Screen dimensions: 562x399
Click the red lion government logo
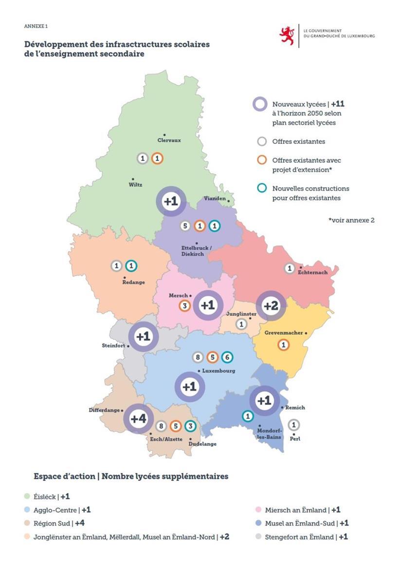(287, 35)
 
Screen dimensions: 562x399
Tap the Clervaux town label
(169, 140)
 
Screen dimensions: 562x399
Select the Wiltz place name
(135, 184)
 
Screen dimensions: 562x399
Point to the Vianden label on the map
(215, 199)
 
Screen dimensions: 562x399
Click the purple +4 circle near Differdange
(138, 419)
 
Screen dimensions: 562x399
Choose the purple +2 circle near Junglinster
(271, 306)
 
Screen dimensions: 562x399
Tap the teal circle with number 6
(227, 357)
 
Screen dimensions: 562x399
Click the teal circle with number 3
(191, 426)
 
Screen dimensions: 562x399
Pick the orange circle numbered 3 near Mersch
(184, 306)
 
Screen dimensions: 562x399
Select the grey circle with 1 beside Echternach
(290, 268)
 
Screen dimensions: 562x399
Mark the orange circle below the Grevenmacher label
(283, 345)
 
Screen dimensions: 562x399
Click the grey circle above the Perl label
(293, 425)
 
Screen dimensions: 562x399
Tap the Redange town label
(133, 282)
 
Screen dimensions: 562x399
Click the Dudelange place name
(202, 444)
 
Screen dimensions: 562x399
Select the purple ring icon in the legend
(260, 104)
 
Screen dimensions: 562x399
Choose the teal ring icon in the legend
(262, 188)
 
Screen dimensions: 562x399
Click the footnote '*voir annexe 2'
(351, 220)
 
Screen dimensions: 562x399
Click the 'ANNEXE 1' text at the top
(36, 26)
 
